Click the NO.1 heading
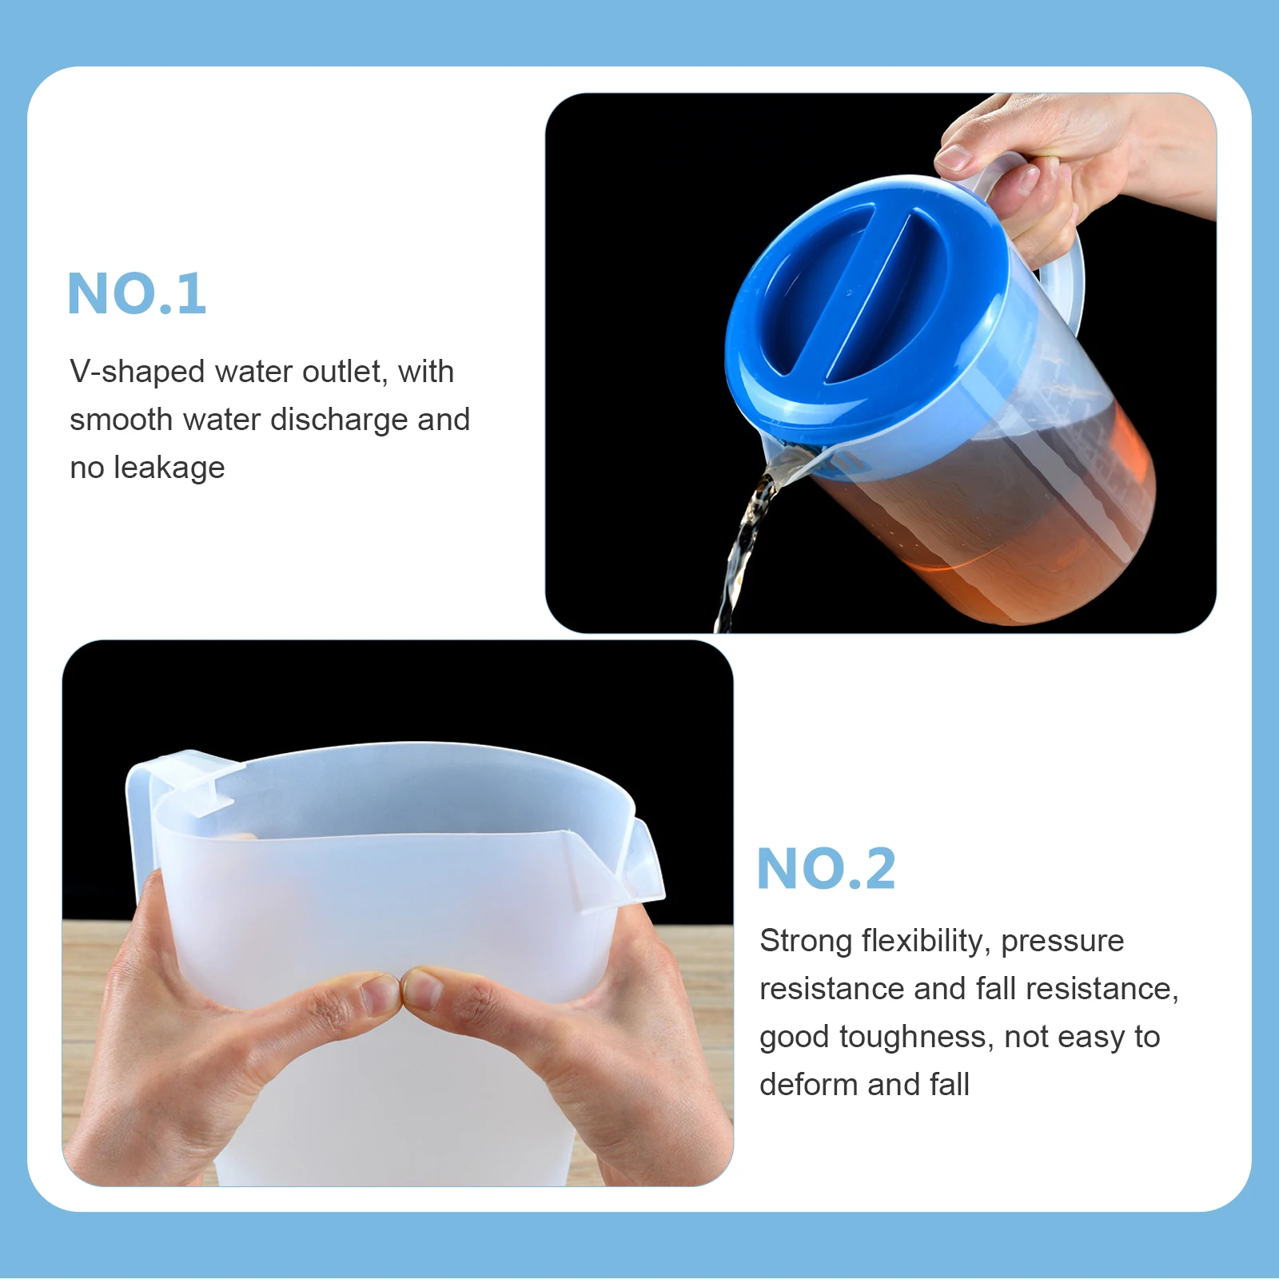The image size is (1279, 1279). coord(137,293)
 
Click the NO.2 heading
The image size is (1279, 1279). coord(826,869)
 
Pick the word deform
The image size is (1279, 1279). coord(808,1085)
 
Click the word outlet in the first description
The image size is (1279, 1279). coord(345,372)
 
